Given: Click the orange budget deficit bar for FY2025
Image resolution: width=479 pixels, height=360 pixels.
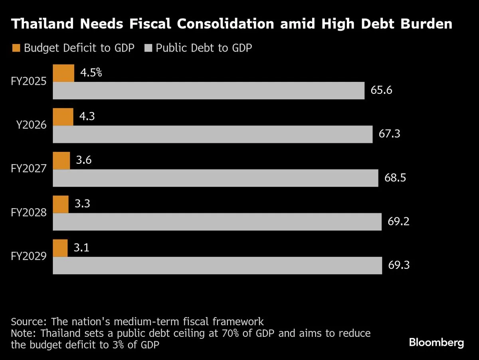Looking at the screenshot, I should [63, 74].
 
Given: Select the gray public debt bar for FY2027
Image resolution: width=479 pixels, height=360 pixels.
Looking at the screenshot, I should [216, 178].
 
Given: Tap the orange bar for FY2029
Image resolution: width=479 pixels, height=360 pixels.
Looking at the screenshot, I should [60, 248].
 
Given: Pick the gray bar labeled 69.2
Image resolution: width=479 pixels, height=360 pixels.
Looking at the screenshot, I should [217, 222].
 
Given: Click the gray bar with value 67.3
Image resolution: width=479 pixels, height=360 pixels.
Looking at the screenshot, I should [212, 134].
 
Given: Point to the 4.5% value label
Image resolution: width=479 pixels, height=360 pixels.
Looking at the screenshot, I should [91, 73].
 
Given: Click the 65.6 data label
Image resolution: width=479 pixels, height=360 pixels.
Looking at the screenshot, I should [381, 90].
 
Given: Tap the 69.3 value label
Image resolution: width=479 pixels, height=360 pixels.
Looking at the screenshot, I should [399, 265].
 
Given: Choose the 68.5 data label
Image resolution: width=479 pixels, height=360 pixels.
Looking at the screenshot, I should [395, 178].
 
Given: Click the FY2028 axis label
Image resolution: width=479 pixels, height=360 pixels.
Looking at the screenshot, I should [29, 213].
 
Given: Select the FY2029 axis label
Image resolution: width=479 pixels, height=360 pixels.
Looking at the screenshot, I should [29, 256].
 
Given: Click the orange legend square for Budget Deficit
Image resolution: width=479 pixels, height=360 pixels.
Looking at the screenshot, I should [16, 48].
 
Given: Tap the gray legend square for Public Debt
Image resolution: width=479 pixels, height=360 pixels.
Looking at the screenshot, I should [148, 48].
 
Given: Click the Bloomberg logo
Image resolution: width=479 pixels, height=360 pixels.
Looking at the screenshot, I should [436, 342].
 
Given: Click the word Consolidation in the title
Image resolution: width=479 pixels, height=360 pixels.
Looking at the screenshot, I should [226, 24].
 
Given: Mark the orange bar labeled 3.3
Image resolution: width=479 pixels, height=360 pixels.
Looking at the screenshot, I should [61, 205].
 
